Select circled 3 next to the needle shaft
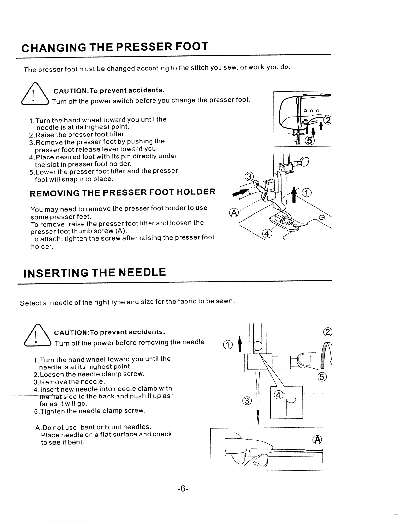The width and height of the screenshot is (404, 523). pos(247,401)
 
